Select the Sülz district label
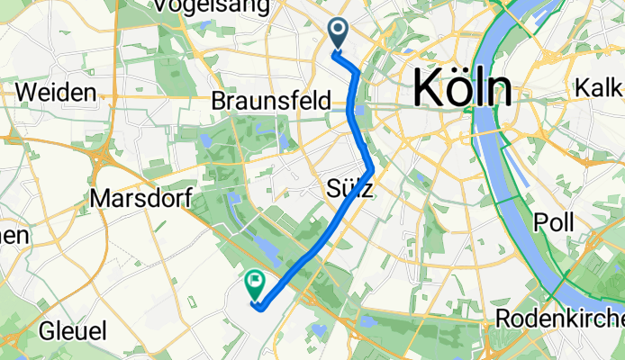pyautogui.click(x=347, y=188)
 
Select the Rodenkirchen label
pyautogui.click(x=560, y=319)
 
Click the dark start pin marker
pyautogui.click(x=340, y=34)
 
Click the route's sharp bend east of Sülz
pyautogui.click(x=372, y=167)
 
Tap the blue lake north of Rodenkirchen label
pyautogui.click(x=367, y=319)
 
